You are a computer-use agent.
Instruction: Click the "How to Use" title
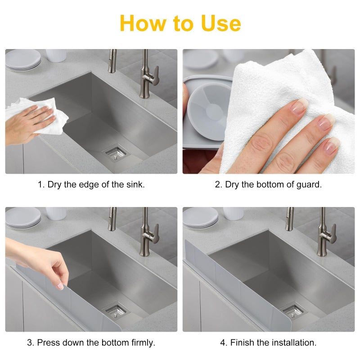pos(180,23)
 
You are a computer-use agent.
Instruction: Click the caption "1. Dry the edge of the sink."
pos(91,185)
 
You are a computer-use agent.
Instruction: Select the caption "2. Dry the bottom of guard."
pos(268,185)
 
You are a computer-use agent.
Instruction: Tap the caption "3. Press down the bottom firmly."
pos(91,342)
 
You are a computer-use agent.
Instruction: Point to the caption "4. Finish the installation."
pos(268,342)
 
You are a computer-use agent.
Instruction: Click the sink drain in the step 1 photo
pos(116,153)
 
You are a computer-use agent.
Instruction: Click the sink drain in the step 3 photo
pos(115,310)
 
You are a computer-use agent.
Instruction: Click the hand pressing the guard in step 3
pos(43,261)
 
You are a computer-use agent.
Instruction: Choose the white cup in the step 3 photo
pos(56,213)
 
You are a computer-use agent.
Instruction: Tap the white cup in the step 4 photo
pos(234,213)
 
